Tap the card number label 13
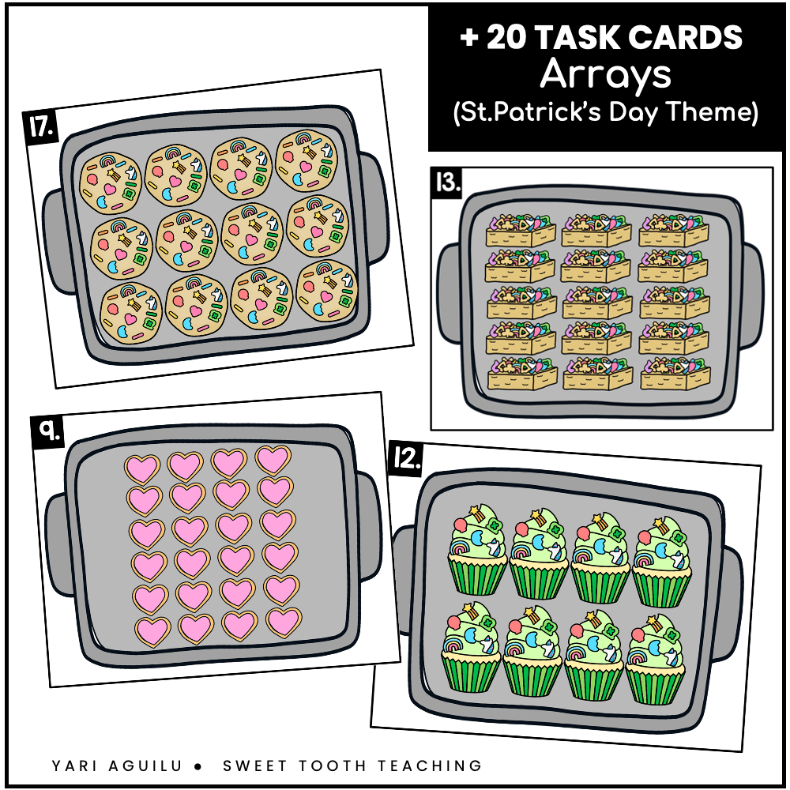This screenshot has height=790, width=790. (447, 183)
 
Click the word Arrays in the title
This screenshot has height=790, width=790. (605, 75)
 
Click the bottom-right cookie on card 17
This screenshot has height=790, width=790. (327, 288)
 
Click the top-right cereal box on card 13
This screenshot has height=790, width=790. (668, 230)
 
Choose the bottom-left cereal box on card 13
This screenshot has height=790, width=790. (511, 373)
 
